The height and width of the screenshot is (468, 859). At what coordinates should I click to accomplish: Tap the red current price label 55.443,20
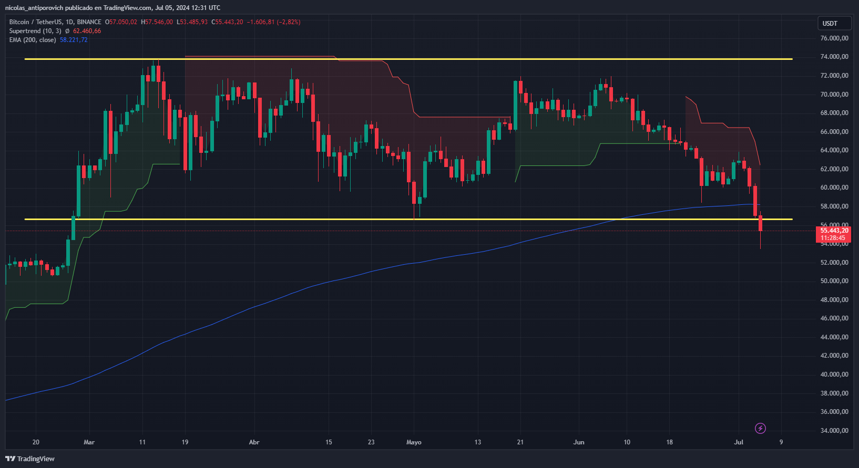coord(834,231)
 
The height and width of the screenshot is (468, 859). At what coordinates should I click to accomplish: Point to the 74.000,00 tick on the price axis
coord(834,57)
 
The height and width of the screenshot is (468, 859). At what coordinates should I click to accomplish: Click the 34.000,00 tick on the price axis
coord(834,431)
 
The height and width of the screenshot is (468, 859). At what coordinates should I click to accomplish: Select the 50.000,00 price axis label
coord(834,281)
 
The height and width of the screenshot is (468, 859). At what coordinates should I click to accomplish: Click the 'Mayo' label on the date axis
coord(414,442)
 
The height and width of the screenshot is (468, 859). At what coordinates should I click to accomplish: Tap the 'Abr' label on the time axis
coord(254,442)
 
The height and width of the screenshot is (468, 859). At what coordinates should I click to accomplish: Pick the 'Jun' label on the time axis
coord(579,442)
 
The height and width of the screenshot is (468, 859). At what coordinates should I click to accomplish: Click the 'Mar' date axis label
coord(89,442)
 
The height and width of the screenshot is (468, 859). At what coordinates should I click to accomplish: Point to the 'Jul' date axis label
coord(739,442)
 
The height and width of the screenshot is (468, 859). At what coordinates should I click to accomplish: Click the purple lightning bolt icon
coord(760,429)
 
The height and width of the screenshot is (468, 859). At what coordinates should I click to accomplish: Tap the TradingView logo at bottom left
coord(30,459)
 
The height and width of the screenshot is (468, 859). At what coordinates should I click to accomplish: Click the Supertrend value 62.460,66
coord(87,31)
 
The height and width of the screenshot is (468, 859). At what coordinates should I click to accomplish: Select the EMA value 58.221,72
coord(74,40)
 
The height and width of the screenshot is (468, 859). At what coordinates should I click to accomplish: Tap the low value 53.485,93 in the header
coord(193,22)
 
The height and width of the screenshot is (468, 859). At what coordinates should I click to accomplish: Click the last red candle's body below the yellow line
coord(760,223)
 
